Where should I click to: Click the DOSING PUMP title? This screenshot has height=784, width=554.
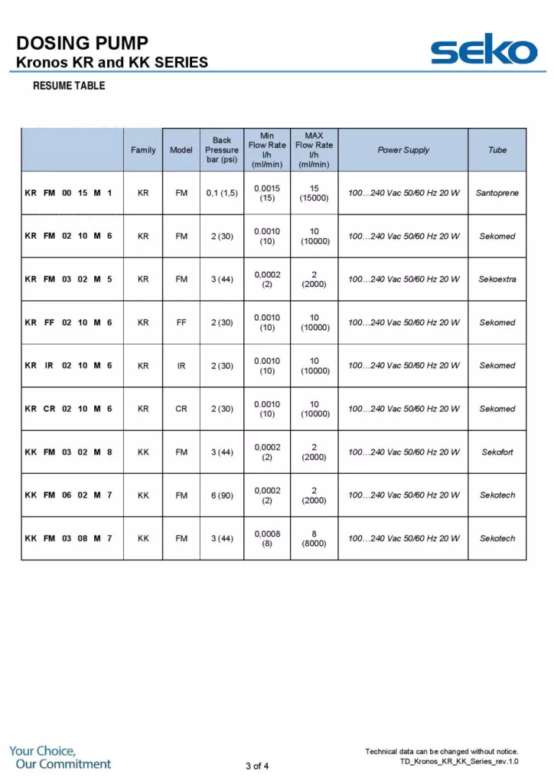(82, 42)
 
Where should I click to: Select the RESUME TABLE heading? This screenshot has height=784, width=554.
(69, 86)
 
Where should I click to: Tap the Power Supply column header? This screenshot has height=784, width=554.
(403, 150)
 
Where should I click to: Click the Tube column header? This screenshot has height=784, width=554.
(497, 150)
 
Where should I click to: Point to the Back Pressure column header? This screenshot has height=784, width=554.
(222, 150)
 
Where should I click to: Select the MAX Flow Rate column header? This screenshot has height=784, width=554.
(314, 150)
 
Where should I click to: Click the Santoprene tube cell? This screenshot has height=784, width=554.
(497, 193)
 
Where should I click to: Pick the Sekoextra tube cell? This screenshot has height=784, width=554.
(497, 279)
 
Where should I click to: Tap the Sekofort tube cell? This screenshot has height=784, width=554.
(497, 452)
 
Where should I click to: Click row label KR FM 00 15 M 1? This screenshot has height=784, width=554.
(69, 193)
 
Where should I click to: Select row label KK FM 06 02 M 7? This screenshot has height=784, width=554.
(69, 495)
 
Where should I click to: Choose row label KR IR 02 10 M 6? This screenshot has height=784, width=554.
(69, 366)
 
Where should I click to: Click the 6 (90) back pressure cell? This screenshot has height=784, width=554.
(222, 495)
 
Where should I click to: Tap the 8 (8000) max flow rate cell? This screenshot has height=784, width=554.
(314, 539)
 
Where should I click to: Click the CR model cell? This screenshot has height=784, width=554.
(181, 409)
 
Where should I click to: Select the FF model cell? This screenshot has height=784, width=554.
(181, 322)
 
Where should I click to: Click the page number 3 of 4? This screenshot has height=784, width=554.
(257, 766)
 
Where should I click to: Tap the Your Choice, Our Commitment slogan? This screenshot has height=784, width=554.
(60, 757)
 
